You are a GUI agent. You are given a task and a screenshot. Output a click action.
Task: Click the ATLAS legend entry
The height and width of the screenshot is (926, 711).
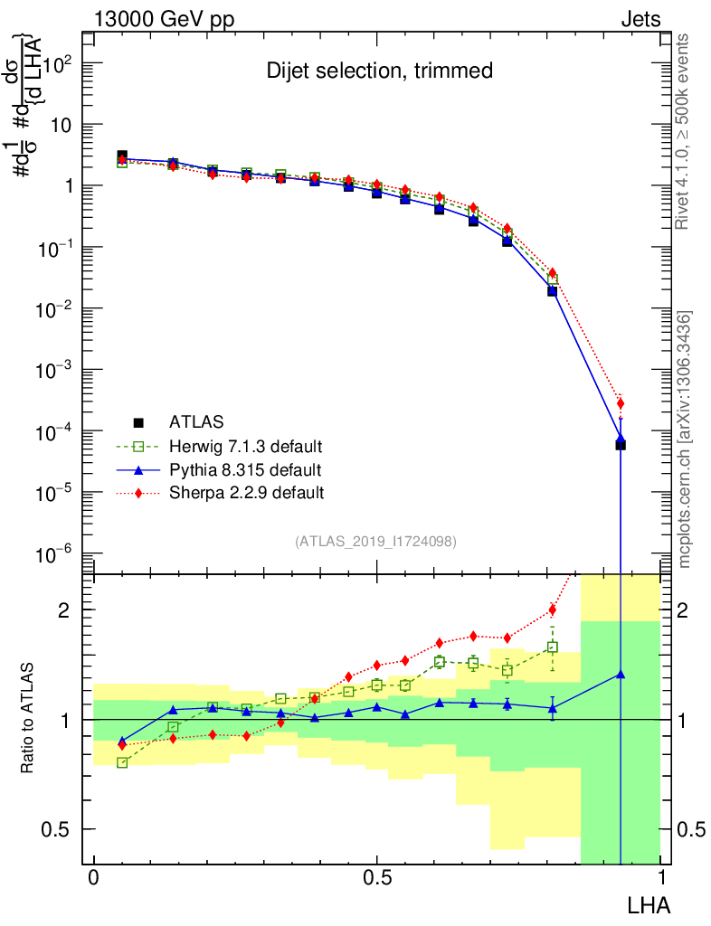pyautogui.click(x=194, y=421)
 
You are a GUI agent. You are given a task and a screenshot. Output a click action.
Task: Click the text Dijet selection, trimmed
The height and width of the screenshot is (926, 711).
pyautogui.click(x=379, y=71)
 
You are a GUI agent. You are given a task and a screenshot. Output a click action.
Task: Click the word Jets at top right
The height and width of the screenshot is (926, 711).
pyautogui.click(x=640, y=19)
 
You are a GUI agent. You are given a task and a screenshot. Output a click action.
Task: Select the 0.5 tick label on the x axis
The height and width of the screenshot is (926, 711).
pyautogui.click(x=376, y=879)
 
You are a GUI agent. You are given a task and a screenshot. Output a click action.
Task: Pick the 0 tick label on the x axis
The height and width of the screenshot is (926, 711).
pyautogui.click(x=93, y=879)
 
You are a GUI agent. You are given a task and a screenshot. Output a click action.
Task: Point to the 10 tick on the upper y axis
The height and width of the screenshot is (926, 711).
pyautogui.click(x=60, y=125)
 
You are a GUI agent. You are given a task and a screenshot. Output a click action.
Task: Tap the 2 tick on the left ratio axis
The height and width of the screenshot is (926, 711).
pyautogui.click(x=64, y=610)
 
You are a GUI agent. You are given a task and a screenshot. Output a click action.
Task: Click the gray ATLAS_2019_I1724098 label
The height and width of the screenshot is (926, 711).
pyautogui.click(x=375, y=542)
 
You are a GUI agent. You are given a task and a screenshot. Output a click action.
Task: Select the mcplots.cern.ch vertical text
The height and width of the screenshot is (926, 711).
pyautogui.click(x=685, y=439)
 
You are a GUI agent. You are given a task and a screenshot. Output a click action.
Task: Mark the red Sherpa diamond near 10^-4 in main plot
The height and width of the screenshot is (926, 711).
pyautogui.click(x=621, y=403)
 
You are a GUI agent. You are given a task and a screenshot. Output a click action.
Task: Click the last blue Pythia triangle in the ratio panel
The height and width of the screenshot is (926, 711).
pyautogui.click(x=621, y=674)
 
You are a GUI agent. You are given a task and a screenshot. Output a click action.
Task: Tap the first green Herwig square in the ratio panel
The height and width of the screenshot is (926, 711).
pyautogui.click(x=122, y=763)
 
